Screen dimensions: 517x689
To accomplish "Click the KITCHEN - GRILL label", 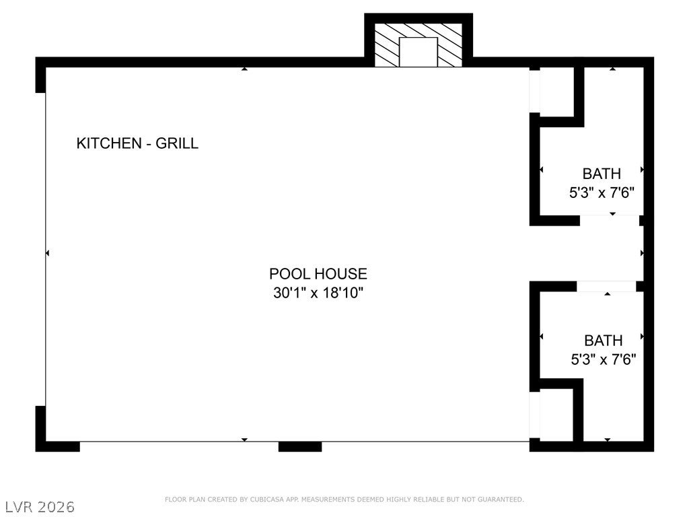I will coord(137,143).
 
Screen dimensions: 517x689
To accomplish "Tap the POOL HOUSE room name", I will coord(318,274).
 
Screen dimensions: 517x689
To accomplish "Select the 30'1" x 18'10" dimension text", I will coord(318,293).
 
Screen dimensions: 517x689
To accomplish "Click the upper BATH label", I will coord(602,174).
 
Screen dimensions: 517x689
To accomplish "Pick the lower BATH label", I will coord(603,341).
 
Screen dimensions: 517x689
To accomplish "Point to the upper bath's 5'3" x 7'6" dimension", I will coord(602,192).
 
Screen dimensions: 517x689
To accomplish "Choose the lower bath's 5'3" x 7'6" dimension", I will coord(603,359).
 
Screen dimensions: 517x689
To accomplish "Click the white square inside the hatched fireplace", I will coord(419,52).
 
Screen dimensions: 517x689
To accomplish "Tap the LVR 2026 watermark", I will coord(40,506).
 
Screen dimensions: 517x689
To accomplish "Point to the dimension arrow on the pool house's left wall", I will coord(47,253).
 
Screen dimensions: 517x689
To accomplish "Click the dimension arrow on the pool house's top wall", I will coord(244,69).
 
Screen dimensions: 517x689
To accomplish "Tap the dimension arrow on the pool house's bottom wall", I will coord(244,440).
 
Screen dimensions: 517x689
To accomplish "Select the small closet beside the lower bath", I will coord(556,415).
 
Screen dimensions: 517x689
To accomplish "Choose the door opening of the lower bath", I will coord(606,286).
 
